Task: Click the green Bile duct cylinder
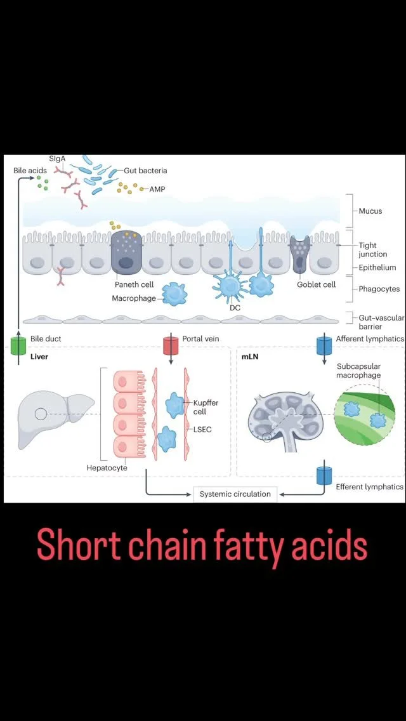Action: click(18, 346)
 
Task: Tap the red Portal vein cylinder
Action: click(171, 346)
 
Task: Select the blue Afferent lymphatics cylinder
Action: click(324, 346)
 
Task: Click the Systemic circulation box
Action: click(235, 494)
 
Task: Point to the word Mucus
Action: click(370, 211)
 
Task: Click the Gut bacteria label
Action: click(146, 171)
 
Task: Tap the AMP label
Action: click(157, 189)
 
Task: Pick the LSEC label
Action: click(203, 430)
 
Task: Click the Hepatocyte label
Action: click(107, 468)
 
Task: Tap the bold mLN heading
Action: click(249, 357)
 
